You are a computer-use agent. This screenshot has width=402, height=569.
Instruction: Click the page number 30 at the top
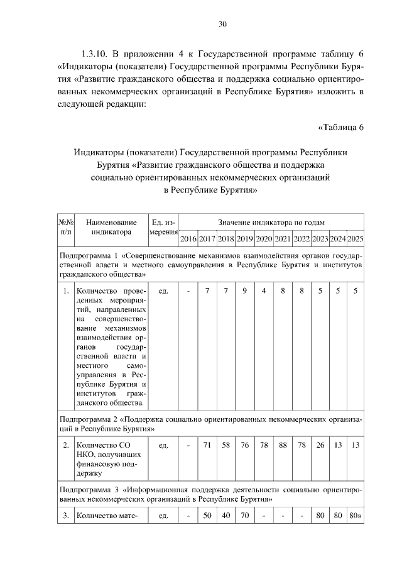222,25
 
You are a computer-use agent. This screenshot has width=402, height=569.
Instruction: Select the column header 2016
188,239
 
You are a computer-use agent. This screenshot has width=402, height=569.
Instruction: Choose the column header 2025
356,239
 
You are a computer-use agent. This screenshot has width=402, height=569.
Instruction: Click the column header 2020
264,239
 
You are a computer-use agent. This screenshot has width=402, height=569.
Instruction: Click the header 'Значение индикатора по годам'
271,223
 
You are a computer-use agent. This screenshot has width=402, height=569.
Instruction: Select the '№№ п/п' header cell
66,227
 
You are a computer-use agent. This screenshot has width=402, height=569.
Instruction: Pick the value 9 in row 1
245,291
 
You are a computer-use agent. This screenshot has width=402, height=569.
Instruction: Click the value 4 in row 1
264,291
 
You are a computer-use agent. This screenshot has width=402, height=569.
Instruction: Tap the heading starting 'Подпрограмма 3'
210,493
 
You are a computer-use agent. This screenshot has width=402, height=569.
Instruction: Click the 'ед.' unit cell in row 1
163,291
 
